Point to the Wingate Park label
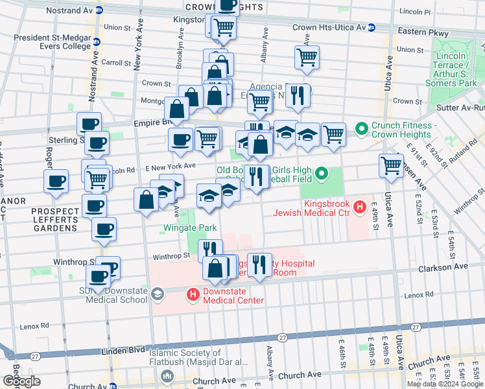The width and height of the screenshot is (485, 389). coord(189,228)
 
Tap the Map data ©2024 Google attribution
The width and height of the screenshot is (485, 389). coord(444,384)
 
